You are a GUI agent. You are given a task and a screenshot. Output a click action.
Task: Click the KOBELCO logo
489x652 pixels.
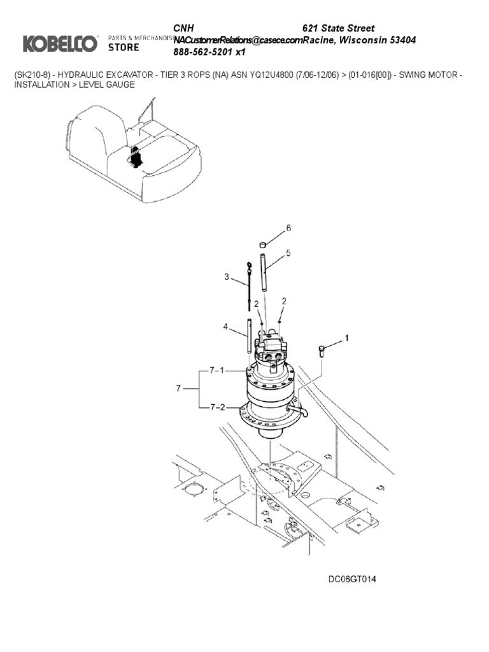click(x=60, y=43)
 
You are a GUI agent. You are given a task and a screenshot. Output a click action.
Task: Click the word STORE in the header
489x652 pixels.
click(x=124, y=47)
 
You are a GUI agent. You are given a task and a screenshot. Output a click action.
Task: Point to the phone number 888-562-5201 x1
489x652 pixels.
click(x=209, y=52)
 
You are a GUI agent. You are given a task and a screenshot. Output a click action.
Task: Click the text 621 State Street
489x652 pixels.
click(x=338, y=28)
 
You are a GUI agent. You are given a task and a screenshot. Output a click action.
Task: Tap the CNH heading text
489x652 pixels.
click(x=184, y=28)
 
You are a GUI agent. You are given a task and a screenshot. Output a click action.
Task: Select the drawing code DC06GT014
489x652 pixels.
click(x=352, y=579)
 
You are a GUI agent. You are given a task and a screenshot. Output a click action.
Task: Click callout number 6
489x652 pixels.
click(x=288, y=228)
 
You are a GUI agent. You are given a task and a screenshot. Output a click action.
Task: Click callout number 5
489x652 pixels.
click(x=288, y=253)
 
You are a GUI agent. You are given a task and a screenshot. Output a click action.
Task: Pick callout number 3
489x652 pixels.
click(x=226, y=276)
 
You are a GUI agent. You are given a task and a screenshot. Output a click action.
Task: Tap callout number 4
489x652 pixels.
click(x=225, y=327)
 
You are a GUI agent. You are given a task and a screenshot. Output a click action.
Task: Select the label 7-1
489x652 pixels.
click(x=216, y=370)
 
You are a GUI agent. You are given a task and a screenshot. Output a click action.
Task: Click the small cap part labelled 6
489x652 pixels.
click(x=262, y=244)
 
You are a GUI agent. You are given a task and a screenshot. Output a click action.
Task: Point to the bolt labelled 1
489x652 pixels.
click(x=322, y=350)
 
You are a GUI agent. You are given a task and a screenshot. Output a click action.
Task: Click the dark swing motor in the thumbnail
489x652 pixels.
click(x=135, y=156)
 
